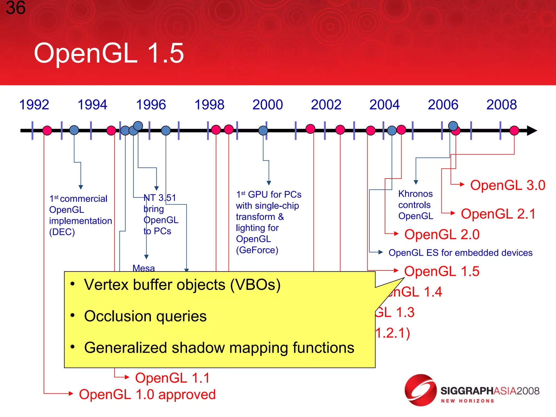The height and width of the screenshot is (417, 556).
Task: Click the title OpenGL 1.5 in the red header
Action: [109, 53]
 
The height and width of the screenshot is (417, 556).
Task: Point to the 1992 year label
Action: [34, 105]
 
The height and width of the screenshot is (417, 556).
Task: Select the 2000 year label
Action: [267, 105]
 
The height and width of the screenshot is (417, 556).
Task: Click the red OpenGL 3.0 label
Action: [507, 185]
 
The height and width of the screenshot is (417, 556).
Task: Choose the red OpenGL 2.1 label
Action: [498, 214]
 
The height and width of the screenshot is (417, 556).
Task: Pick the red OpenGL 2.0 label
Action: [442, 235]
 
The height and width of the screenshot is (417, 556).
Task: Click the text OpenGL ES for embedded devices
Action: [460, 253]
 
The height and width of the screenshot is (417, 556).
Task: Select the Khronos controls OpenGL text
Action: [415, 205]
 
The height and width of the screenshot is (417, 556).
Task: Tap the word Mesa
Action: [144, 268]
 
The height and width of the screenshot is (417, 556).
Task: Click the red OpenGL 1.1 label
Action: [172, 378]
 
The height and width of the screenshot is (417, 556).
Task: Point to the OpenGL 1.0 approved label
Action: [147, 394]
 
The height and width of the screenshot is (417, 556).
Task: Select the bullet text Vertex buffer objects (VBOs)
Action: [182, 285]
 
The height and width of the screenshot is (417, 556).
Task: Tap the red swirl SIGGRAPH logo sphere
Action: [420, 390]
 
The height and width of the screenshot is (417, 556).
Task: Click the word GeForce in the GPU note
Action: [257, 250]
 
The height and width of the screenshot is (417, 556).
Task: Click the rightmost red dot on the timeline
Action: [514, 131]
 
